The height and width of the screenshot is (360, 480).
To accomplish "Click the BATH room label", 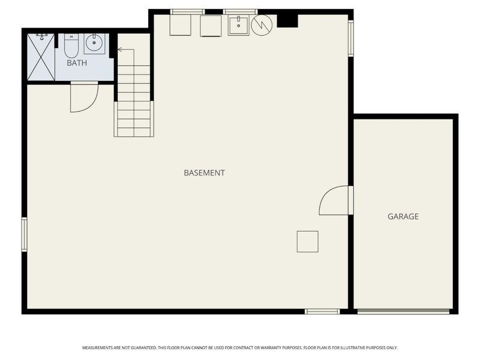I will tap(76, 62).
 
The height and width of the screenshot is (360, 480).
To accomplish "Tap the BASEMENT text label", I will tap(204, 173).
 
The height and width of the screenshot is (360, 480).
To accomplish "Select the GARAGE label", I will tap(403, 217).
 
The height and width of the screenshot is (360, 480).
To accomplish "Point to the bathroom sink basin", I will tap(94, 43).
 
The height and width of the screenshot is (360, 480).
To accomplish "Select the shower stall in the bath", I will tap(41, 57).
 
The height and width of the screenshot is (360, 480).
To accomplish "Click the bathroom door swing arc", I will tap(84, 98).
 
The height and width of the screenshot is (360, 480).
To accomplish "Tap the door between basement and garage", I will tap(335, 200).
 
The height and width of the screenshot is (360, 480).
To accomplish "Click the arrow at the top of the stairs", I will tap(121, 50).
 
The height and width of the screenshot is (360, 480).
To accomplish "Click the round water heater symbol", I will tap(262, 25).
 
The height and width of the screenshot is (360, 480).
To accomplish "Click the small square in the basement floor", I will tap(307, 241).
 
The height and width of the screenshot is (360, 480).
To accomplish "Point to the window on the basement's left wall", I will tap(25, 233).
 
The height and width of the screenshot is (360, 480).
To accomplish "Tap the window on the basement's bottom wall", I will tap(322, 311).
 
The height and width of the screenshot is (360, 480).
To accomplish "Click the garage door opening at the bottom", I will tap(403, 311).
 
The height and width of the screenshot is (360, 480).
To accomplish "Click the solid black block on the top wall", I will tap(287, 20).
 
